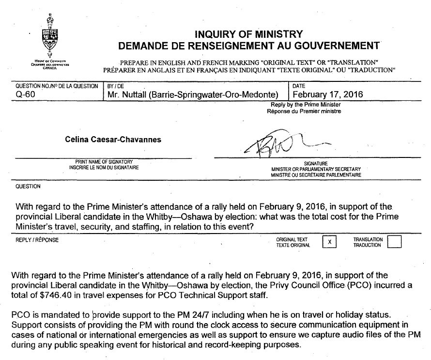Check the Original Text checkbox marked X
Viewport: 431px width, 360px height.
click(x=329, y=242)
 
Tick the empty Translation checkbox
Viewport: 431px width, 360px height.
click(x=395, y=242)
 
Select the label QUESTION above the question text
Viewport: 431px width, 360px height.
click(x=28, y=186)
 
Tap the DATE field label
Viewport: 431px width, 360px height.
click(x=300, y=85)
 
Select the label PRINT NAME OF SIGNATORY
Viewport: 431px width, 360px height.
click(x=104, y=161)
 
